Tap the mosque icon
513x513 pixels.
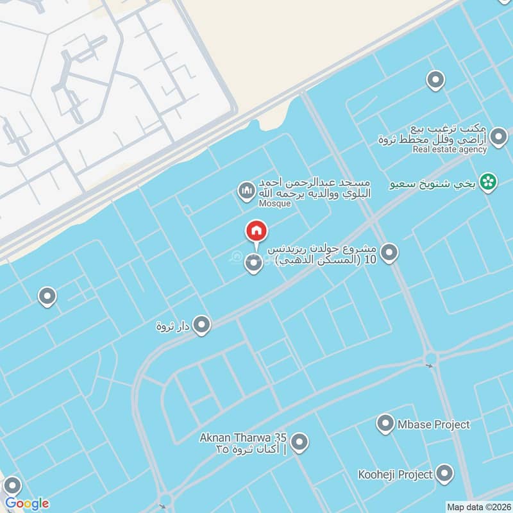point(246,191)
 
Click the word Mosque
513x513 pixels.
point(275,203)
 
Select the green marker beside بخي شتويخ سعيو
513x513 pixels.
point(489,183)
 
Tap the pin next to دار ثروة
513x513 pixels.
point(202,325)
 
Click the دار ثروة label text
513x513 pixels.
point(173,326)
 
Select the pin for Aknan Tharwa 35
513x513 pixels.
point(299,442)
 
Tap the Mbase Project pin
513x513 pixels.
point(385,424)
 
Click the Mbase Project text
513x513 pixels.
point(433,425)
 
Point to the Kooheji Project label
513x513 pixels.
point(396,475)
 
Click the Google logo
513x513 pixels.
point(27,503)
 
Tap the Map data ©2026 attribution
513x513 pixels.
point(478,507)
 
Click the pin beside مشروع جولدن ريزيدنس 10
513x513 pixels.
point(389,254)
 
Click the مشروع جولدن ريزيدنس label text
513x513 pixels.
point(327,249)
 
